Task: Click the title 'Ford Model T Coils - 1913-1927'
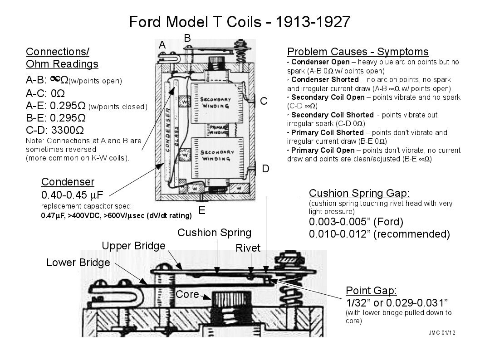coord(240,22)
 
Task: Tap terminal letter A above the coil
coord(162,45)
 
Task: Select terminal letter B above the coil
coord(187,38)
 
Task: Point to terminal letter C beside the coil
coord(264,101)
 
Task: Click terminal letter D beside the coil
coord(266,169)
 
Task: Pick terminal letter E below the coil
coord(202,211)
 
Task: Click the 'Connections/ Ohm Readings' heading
coord(62,58)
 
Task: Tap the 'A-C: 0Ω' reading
coord(45,94)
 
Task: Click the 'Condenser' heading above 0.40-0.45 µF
coord(68,182)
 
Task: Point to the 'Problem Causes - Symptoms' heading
coord(358,52)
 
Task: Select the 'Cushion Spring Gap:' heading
coord(359,193)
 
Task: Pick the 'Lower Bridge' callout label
coord(78,263)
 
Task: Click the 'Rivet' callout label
coord(248,248)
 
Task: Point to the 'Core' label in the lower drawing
coord(187,294)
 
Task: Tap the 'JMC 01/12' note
coord(441,332)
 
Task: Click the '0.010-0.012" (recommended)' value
coord(379,234)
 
